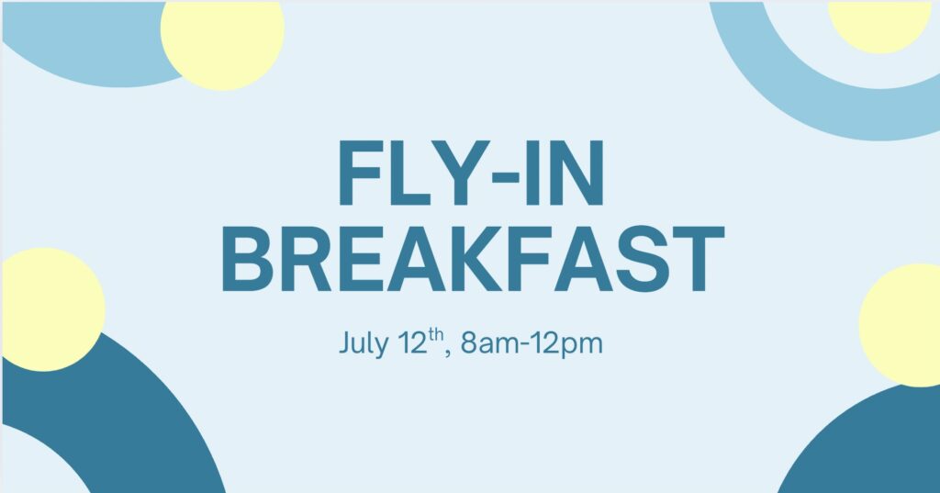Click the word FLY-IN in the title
471,174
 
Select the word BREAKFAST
473,259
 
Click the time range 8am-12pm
532,344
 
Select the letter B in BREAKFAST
246,259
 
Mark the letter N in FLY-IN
577,174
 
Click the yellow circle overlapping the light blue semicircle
222,46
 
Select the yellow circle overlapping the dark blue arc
52,309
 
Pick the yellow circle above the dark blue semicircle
901,325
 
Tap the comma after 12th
448,354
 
